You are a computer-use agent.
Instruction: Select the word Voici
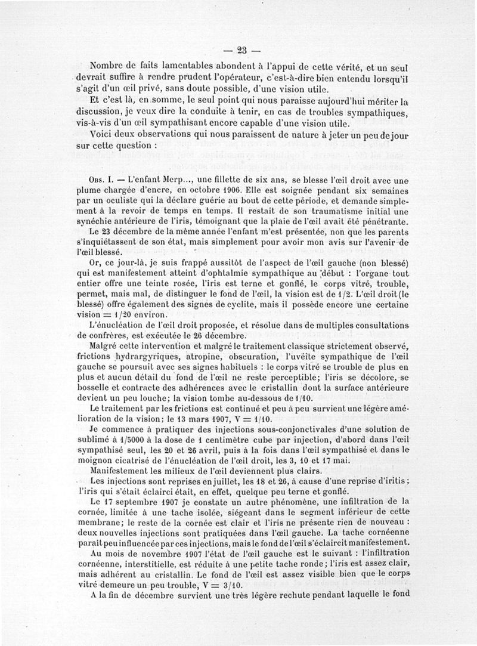point(101,135)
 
